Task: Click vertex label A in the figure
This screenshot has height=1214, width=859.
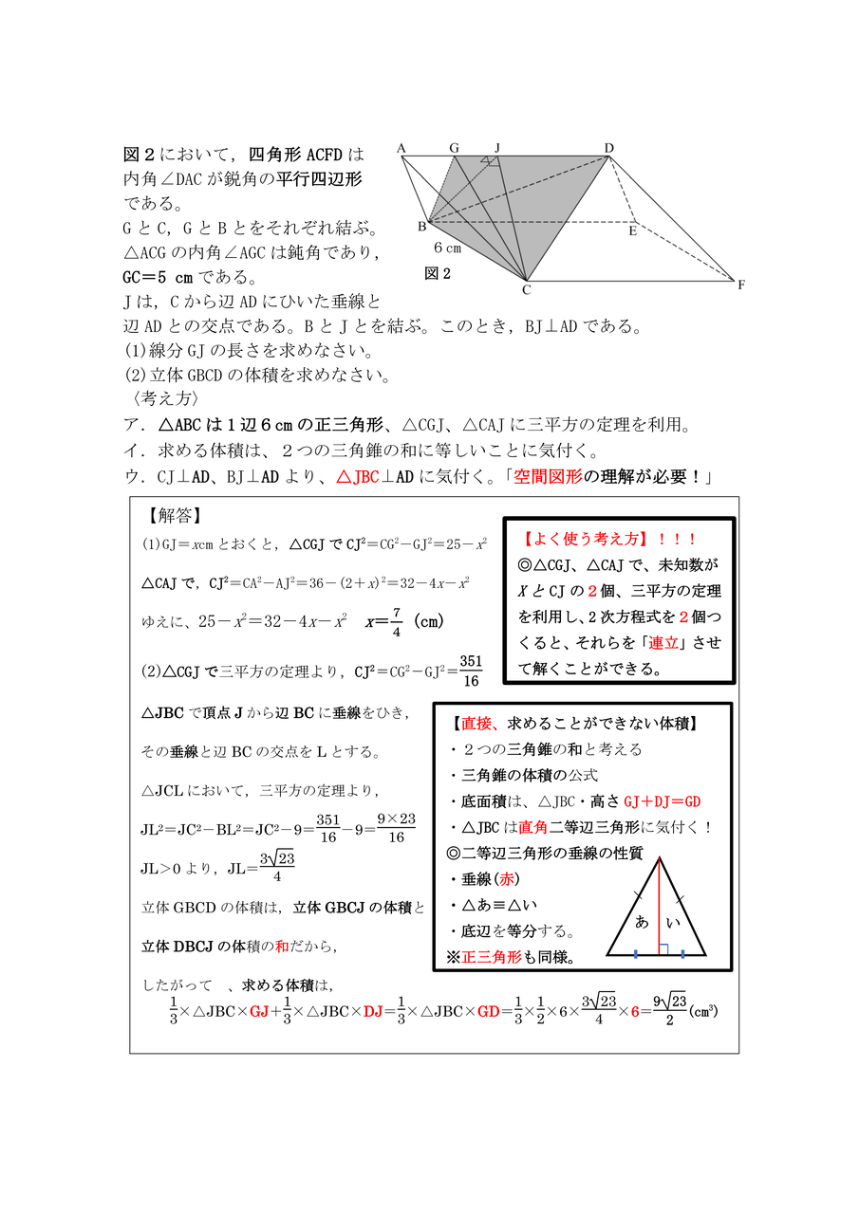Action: [401, 148]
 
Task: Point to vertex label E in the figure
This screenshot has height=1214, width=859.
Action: [633, 231]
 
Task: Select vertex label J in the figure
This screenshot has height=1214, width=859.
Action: [497, 148]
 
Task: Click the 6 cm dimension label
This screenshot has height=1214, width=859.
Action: [448, 248]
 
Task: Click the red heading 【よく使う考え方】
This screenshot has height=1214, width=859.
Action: [583, 539]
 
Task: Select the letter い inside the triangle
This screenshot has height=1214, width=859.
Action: [676, 921]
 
